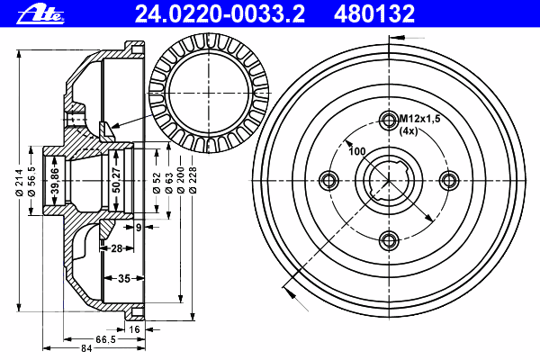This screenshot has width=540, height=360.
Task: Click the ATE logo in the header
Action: tap(40, 15)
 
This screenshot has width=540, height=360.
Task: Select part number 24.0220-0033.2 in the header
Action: tap(220, 14)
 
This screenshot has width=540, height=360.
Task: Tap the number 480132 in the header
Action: tap(374, 14)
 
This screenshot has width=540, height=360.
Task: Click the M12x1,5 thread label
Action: tap(419, 119)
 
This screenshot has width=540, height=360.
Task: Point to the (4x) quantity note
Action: tap(409, 130)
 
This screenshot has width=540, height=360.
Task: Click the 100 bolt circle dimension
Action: tap(356, 151)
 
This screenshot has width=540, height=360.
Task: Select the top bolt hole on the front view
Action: tap(389, 121)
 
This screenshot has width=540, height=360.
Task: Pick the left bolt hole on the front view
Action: tap(329, 180)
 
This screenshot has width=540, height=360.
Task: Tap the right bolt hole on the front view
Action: tap(449, 180)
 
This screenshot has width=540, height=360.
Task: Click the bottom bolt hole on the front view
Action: tap(389, 240)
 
